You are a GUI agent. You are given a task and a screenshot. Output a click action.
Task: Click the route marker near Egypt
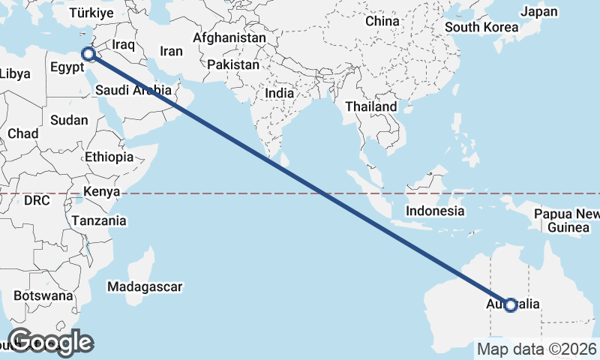(88, 53)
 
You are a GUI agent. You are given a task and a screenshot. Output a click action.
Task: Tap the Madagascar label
(145, 286)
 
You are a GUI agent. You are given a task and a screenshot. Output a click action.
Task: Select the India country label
(279, 94)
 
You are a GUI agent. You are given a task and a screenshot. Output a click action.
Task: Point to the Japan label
(539, 12)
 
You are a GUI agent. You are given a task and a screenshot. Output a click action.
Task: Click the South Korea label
(481, 28)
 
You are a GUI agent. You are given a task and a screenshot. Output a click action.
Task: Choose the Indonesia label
(435, 211)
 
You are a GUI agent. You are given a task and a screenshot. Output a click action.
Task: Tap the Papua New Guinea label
(565, 220)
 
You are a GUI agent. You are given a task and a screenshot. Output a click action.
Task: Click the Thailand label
(370, 107)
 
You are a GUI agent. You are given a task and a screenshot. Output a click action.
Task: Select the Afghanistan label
(229, 37)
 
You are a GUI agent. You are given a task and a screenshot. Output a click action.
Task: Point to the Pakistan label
(233, 65)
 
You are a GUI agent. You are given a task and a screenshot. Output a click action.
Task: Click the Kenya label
(102, 191)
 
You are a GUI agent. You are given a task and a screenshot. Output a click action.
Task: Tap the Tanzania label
(99, 221)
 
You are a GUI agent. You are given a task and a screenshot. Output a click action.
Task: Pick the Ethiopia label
(109, 157)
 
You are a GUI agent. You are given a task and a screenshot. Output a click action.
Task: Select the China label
(382, 22)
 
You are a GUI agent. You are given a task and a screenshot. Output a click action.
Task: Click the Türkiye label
(91, 13)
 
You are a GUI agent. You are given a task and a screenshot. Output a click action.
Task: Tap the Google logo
(49, 342)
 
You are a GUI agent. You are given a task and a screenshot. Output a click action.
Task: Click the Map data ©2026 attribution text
(536, 349)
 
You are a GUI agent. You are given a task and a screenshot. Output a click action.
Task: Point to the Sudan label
(69, 120)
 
